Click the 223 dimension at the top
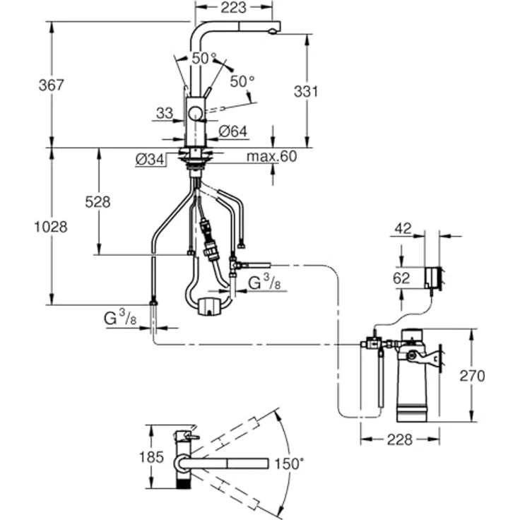[233, 8]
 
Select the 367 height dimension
[51, 85]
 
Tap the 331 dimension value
[306, 92]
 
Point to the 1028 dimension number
[51, 227]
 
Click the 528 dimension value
[97, 202]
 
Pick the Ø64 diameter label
[233, 131]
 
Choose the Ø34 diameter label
[150, 160]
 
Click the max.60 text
[271, 156]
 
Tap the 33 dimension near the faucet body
[165, 114]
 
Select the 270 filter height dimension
[472, 376]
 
